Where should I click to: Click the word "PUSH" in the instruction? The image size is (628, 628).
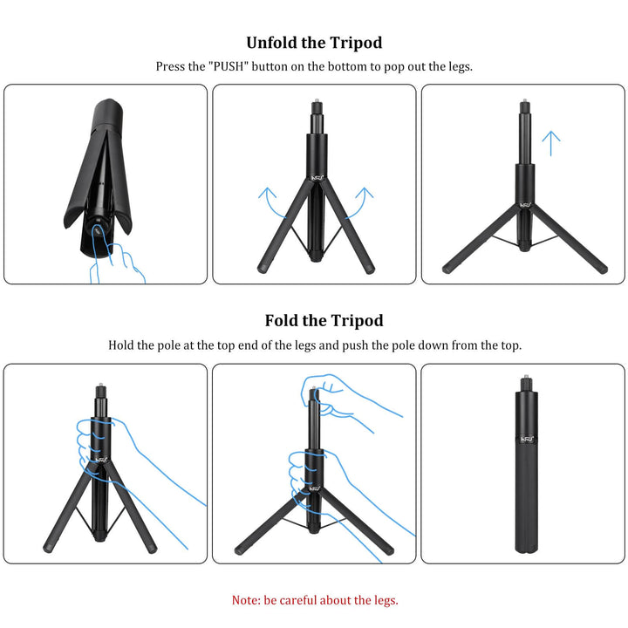(x=229, y=66)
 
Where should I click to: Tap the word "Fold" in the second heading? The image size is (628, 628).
(x=282, y=320)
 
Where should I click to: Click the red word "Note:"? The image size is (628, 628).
(x=246, y=600)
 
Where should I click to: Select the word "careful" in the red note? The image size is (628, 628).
(x=298, y=600)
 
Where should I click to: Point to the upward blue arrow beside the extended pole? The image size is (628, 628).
(x=551, y=143)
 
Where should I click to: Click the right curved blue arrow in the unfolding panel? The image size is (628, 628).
(x=360, y=201)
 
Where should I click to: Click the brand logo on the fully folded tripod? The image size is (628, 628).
(x=527, y=440)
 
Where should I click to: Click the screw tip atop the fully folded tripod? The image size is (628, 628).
(x=526, y=377)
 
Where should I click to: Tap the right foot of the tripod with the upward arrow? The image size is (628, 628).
(x=603, y=270)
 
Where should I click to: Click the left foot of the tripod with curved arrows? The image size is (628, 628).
(x=263, y=269)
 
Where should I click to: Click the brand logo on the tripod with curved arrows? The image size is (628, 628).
(x=317, y=177)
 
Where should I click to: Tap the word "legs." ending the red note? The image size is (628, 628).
(x=386, y=600)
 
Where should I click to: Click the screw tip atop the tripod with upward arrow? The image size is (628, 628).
(x=525, y=100)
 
